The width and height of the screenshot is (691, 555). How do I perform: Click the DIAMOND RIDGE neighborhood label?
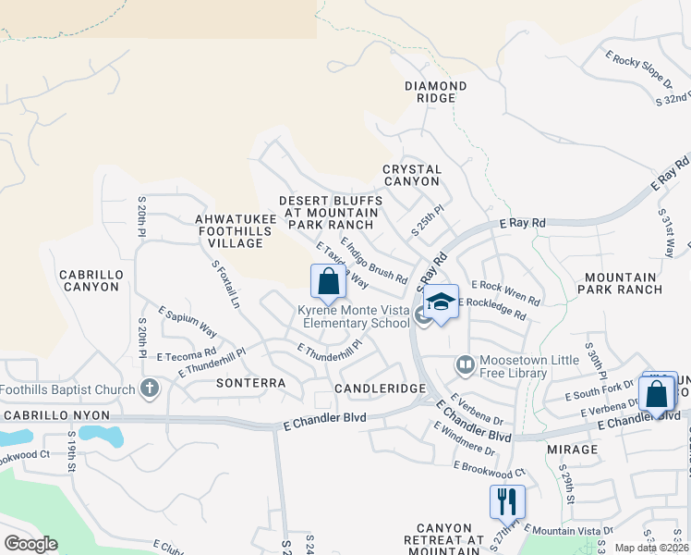(435, 92)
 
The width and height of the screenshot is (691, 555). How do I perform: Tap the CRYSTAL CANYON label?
(412, 176)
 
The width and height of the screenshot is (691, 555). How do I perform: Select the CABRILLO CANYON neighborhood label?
(90, 280)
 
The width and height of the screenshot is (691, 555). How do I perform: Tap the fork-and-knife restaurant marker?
(507, 501)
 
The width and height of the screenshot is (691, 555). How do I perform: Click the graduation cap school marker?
(442, 302)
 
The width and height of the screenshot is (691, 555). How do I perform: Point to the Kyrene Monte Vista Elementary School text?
(354, 317)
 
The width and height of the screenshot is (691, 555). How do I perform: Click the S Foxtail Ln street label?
(225, 284)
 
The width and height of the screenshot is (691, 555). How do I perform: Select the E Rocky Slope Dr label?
(639, 72)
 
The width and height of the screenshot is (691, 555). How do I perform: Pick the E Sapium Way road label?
(187, 321)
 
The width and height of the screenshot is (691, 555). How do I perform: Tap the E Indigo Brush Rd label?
(374, 260)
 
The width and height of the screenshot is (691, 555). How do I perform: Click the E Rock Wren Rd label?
(505, 291)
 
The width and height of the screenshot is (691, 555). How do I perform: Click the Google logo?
(30, 544)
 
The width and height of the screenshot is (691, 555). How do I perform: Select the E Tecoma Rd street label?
(186, 354)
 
